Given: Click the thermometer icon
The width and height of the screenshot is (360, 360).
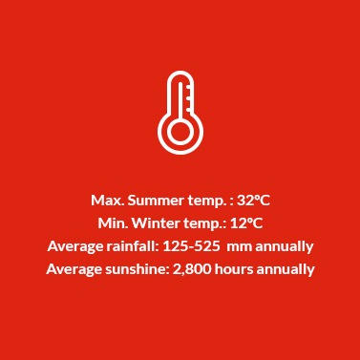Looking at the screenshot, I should tap(180, 112).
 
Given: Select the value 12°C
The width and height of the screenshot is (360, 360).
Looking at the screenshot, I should tap(246, 223).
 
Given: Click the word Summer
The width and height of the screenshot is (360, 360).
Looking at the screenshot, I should tap(156, 201).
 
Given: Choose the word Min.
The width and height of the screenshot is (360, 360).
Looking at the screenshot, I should tap(113, 223).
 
